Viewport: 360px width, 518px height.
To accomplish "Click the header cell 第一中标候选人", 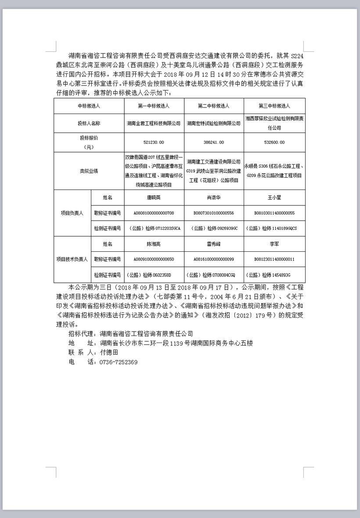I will (x=153, y=106).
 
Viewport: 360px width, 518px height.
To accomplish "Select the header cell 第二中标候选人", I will (x=213, y=106).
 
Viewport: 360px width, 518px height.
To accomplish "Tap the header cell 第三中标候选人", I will (x=274, y=106).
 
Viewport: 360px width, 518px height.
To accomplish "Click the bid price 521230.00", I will (x=153, y=143).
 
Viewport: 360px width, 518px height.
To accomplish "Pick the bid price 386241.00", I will (x=213, y=143).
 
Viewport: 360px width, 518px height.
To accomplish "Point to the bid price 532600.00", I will (x=274, y=143).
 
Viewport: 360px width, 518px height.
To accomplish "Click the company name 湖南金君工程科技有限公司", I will (x=153, y=124).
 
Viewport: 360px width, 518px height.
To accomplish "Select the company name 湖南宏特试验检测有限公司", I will (x=213, y=124).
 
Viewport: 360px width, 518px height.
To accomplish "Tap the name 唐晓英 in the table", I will (x=153, y=198).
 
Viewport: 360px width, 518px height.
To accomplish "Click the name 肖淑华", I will (x=213, y=198).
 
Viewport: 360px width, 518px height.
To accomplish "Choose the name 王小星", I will (x=274, y=198).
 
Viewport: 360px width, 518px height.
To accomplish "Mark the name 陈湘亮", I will (x=153, y=244).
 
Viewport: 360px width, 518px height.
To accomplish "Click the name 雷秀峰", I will (x=213, y=244).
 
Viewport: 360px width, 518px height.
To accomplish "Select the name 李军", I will (x=274, y=244).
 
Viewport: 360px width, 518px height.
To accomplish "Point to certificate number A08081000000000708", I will (x=153, y=213).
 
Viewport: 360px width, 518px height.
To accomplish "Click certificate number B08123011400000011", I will (x=274, y=259).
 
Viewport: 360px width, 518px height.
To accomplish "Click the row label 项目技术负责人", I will (x=72, y=259).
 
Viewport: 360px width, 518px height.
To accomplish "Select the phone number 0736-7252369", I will (x=119, y=362).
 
